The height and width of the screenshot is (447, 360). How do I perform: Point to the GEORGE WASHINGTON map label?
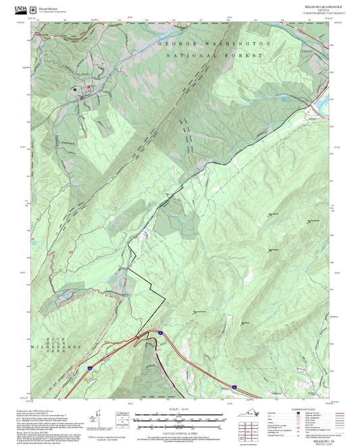click(x=215, y=43)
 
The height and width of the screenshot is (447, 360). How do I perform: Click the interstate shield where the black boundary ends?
click(x=159, y=333)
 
